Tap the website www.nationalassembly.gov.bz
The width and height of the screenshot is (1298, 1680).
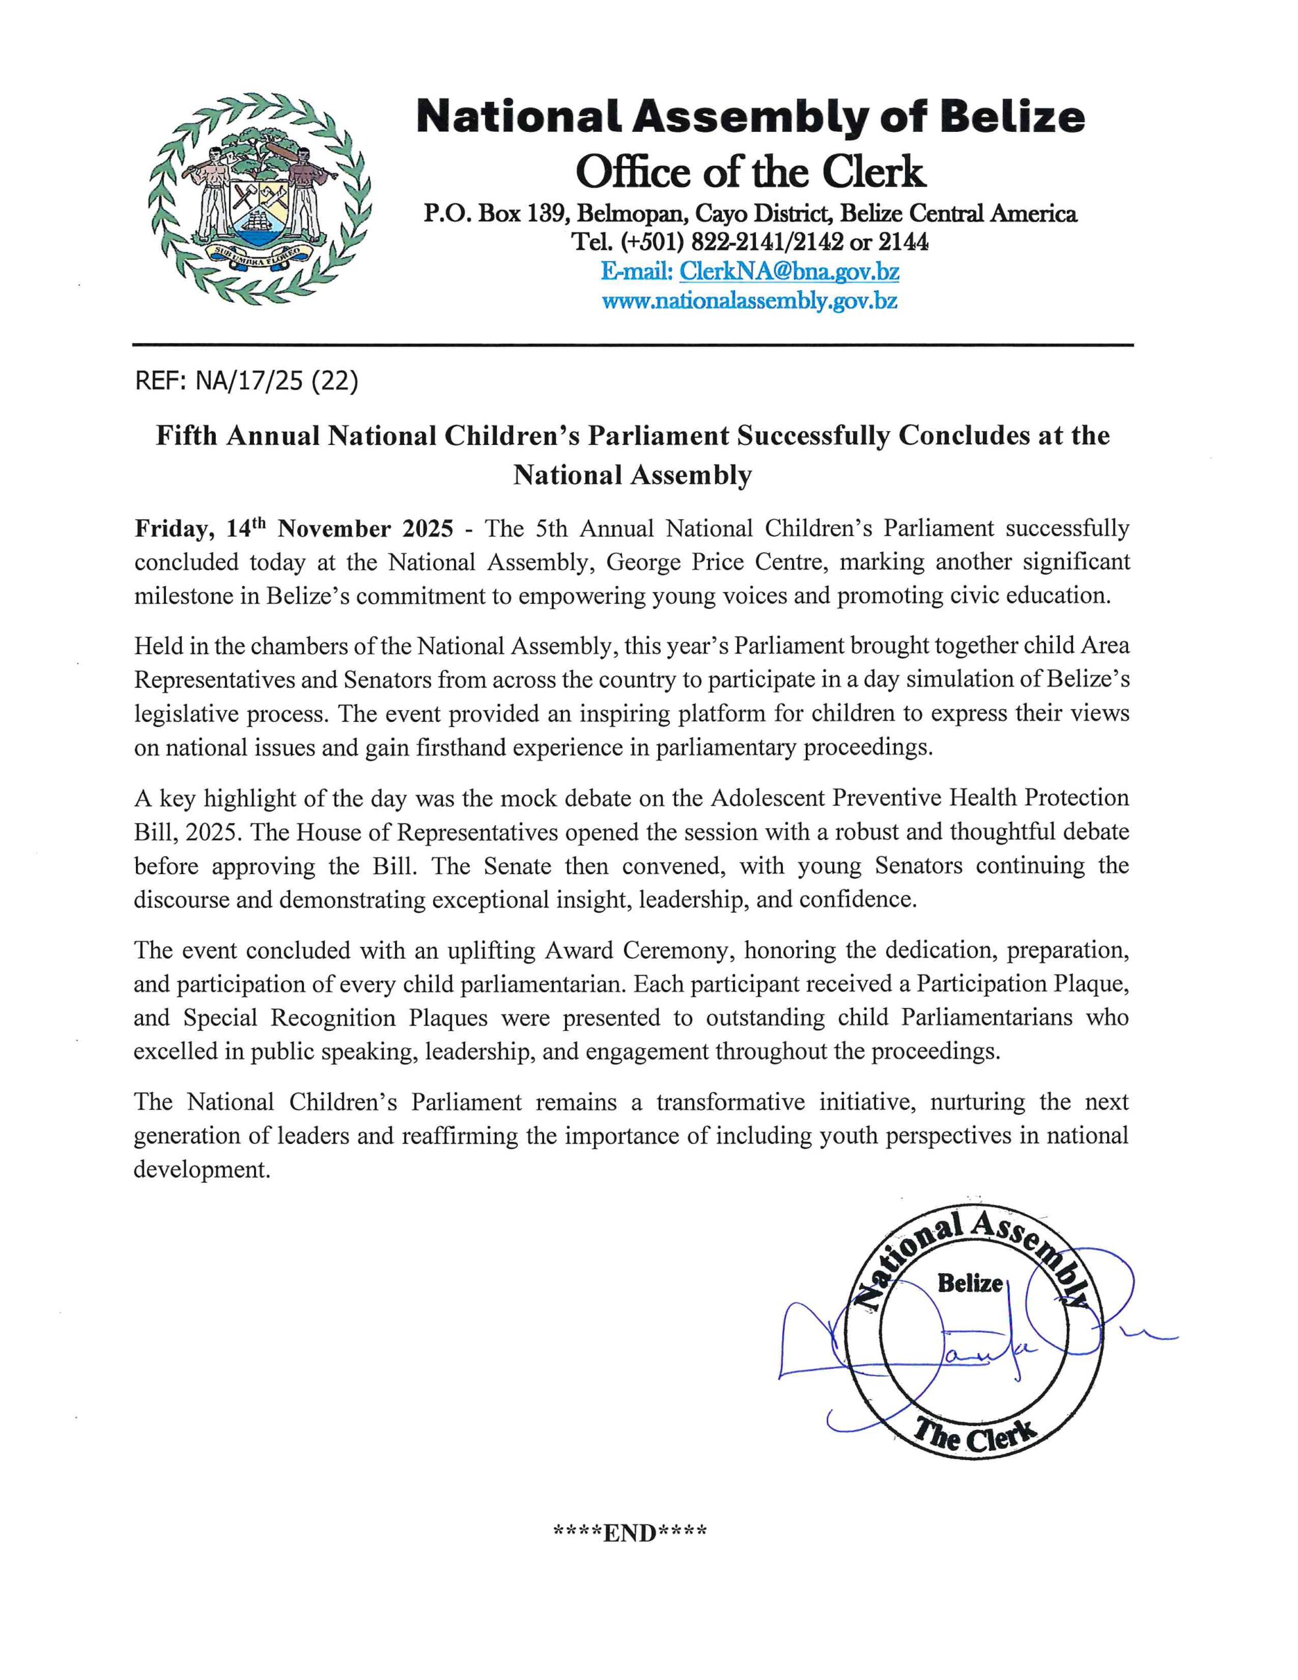pos(749,301)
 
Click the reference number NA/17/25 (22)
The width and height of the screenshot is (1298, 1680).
pos(276,381)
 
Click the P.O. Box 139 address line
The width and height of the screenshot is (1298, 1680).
pos(750,213)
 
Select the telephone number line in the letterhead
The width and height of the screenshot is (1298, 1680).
pos(750,242)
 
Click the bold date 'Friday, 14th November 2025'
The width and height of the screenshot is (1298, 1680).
pos(293,529)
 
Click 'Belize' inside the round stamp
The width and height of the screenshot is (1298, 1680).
pos(969,1283)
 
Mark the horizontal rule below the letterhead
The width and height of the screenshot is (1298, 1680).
pos(633,345)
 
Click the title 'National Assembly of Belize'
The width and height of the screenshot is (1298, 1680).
pos(750,117)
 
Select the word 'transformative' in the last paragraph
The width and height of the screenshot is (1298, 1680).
pos(730,1102)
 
